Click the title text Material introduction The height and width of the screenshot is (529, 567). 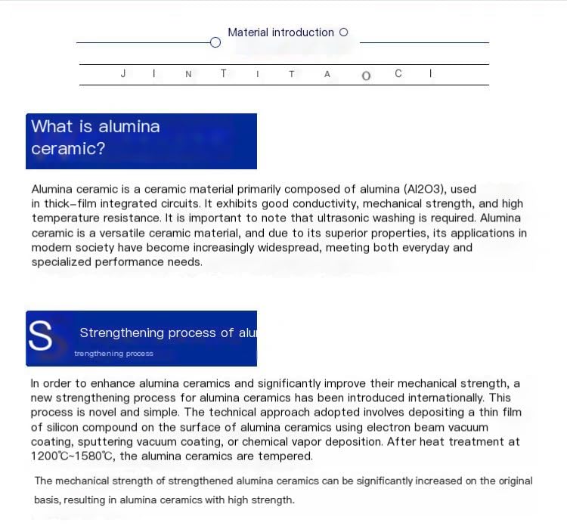(x=280, y=32)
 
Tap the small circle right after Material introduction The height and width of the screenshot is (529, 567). (x=344, y=32)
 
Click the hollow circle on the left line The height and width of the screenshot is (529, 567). (x=215, y=42)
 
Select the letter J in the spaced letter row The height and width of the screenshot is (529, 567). (x=122, y=74)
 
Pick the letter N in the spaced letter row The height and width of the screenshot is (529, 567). (x=188, y=74)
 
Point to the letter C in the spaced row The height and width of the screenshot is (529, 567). (x=398, y=73)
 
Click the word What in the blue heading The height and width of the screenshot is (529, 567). (x=51, y=126)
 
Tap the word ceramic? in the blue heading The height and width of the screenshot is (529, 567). (x=68, y=148)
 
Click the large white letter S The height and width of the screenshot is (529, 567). (x=41, y=337)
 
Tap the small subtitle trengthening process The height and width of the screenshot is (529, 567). (x=113, y=354)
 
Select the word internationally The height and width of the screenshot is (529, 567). (x=446, y=398)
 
